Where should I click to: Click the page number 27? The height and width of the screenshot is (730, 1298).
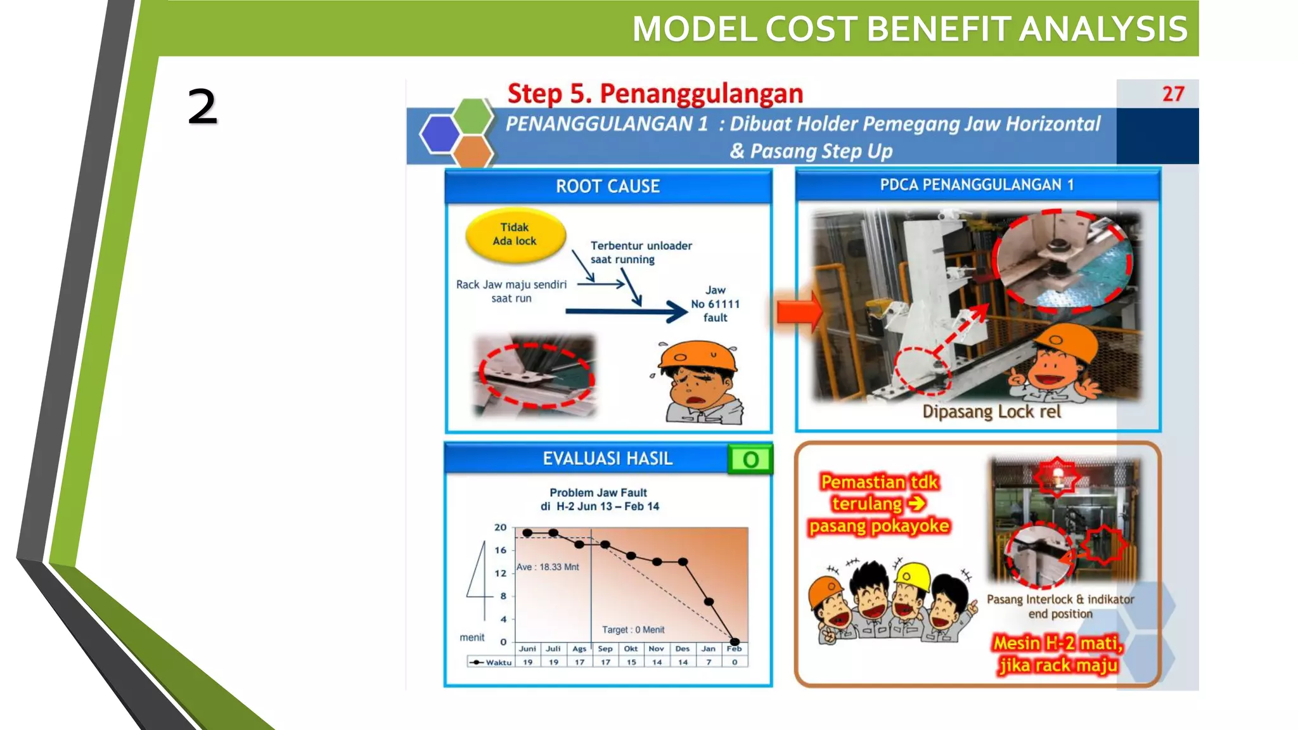point(1173,94)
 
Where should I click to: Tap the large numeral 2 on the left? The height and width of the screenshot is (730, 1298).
point(202,106)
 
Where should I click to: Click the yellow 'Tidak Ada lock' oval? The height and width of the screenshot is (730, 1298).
point(515,234)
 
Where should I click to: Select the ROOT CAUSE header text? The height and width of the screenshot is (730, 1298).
point(607,186)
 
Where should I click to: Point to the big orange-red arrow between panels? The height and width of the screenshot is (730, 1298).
point(799,311)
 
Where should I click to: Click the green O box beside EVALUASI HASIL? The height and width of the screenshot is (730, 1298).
point(750,459)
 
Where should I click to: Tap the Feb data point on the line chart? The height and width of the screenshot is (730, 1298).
point(735,641)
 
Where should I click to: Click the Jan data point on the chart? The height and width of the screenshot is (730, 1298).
point(709,601)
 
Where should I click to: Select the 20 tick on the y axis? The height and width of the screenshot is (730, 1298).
point(500,527)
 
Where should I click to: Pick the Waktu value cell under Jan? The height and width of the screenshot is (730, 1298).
point(709,662)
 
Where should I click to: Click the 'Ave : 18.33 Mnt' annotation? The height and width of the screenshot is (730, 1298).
point(547,567)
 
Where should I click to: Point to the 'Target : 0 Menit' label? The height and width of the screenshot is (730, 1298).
point(633,630)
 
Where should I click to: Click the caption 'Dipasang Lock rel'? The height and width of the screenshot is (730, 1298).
point(991,412)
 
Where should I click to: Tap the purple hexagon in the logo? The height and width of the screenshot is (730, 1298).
point(439,133)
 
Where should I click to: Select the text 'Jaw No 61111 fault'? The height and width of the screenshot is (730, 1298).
point(715,304)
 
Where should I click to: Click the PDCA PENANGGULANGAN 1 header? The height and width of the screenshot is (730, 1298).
point(977,185)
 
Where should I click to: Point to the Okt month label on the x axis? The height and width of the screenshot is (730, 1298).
point(631,649)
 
